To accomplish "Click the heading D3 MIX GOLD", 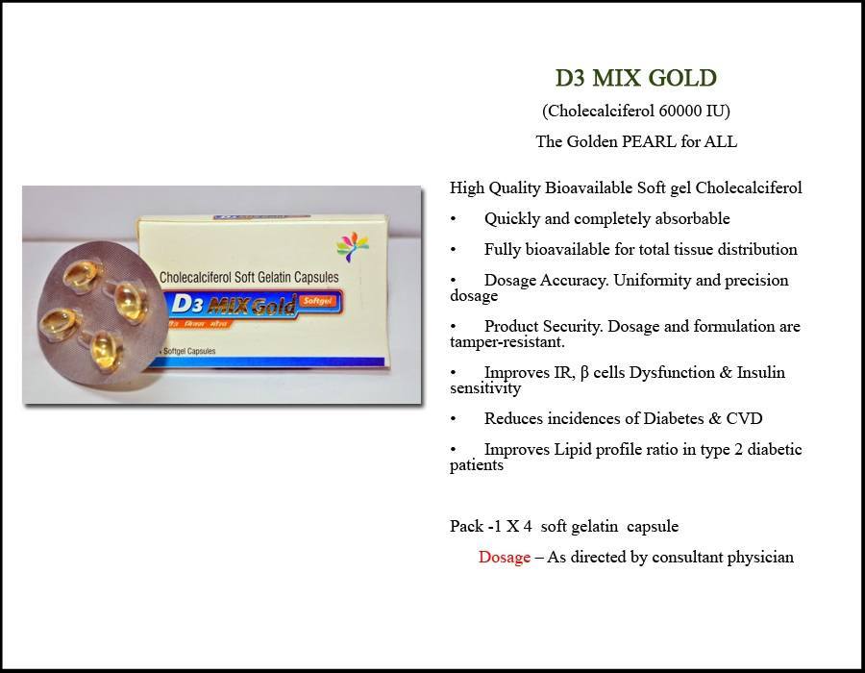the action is (x=636, y=78).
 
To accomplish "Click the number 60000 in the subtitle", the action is (x=680, y=111).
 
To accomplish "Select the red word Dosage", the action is (x=505, y=558).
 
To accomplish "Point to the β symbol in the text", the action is (x=584, y=373).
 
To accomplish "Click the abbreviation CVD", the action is (x=744, y=418).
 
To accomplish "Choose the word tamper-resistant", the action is (x=507, y=342).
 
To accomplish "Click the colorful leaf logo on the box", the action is (x=353, y=245).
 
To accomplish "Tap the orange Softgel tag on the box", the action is (x=317, y=301).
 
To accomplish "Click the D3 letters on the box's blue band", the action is (x=187, y=304).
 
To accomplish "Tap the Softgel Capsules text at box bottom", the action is (x=189, y=351).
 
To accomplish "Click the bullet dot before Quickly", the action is (x=453, y=219).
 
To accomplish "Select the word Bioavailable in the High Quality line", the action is (x=588, y=188).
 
